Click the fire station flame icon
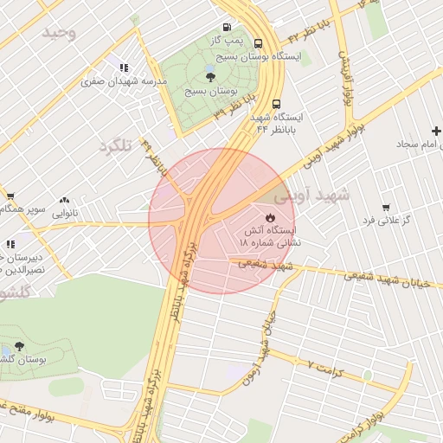269,217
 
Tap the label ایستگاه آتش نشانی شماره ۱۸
268,238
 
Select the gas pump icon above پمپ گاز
227,28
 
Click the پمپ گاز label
227,41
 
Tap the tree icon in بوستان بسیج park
211,77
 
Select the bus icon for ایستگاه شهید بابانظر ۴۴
276,103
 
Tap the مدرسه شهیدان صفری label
123,82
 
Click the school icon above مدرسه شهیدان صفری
124,67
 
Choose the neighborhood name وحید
61,33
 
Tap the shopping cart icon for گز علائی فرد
385,208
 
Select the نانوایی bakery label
65,212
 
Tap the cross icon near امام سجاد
436,132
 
